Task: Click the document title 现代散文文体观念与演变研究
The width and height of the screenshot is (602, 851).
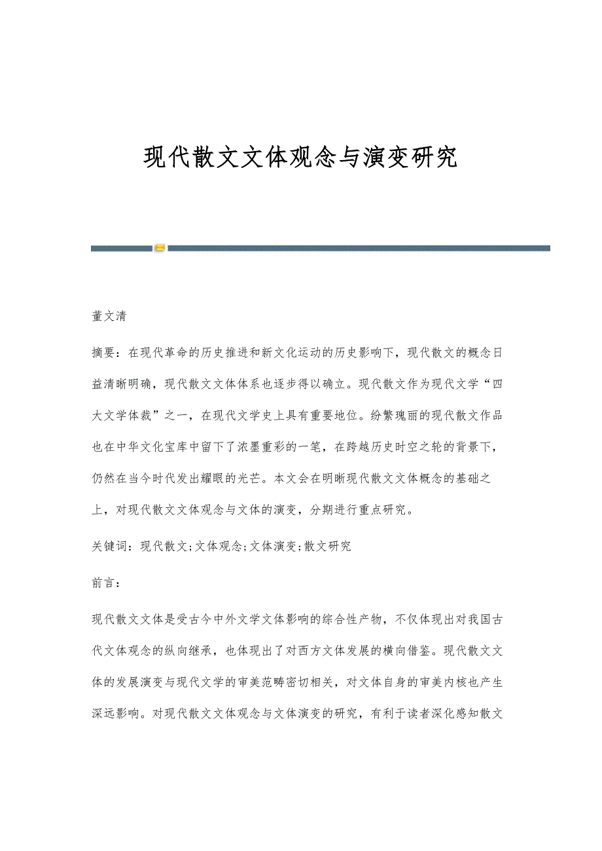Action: (x=300, y=158)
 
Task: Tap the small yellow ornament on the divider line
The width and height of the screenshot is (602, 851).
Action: (x=160, y=248)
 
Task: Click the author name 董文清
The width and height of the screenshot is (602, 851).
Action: (x=109, y=317)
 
